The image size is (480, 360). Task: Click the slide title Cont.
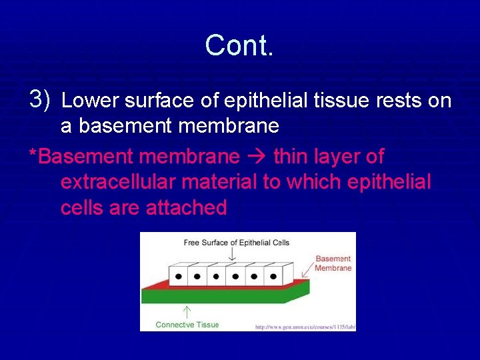(239, 45)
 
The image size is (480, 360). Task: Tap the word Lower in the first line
(88, 101)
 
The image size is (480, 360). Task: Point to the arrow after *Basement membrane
(256, 157)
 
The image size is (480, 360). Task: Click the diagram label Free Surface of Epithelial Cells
(236, 243)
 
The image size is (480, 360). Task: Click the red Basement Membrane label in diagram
(333, 263)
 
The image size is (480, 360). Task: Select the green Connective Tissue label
(187, 325)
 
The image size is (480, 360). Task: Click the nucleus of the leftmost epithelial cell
(179, 275)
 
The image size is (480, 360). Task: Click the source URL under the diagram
(305, 327)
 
